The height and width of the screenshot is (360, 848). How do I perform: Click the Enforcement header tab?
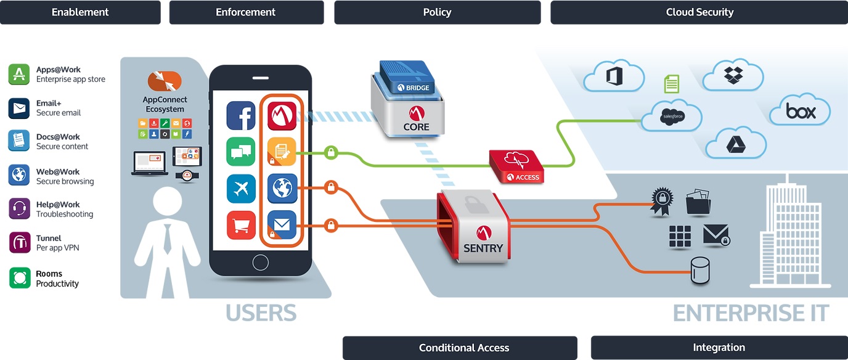pos(247,12)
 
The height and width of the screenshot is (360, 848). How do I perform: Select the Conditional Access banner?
pos(460,348)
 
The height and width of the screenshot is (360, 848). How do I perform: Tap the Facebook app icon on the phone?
pos(241,115)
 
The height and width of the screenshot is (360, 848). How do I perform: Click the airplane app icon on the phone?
pos(241,189)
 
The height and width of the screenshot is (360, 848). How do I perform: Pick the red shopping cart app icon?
pos(241,225)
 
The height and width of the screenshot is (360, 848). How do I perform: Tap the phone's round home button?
pos(261,263)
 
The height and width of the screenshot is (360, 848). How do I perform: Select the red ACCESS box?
pos(516,166)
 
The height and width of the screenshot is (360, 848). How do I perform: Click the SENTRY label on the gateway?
pos(483,248)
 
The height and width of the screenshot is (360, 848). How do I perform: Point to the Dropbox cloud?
pos(733,75)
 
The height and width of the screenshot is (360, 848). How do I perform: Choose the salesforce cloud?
pos(672,115)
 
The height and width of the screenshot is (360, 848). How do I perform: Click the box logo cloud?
pos(800,110)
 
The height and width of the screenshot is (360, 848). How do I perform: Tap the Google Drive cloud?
pos(736,144)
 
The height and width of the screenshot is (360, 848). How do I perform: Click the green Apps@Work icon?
pos(19,74)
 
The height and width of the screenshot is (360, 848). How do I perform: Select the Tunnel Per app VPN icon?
pos(20,242)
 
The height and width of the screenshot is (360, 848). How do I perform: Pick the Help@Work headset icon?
pos(19,208)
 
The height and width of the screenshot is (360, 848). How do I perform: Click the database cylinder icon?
pos(700,270)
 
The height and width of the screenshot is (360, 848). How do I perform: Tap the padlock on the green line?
pos(331,153)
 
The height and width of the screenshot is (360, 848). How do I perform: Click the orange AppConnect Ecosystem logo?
pos(165,81)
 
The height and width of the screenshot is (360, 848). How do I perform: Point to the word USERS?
pos(261,313)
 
